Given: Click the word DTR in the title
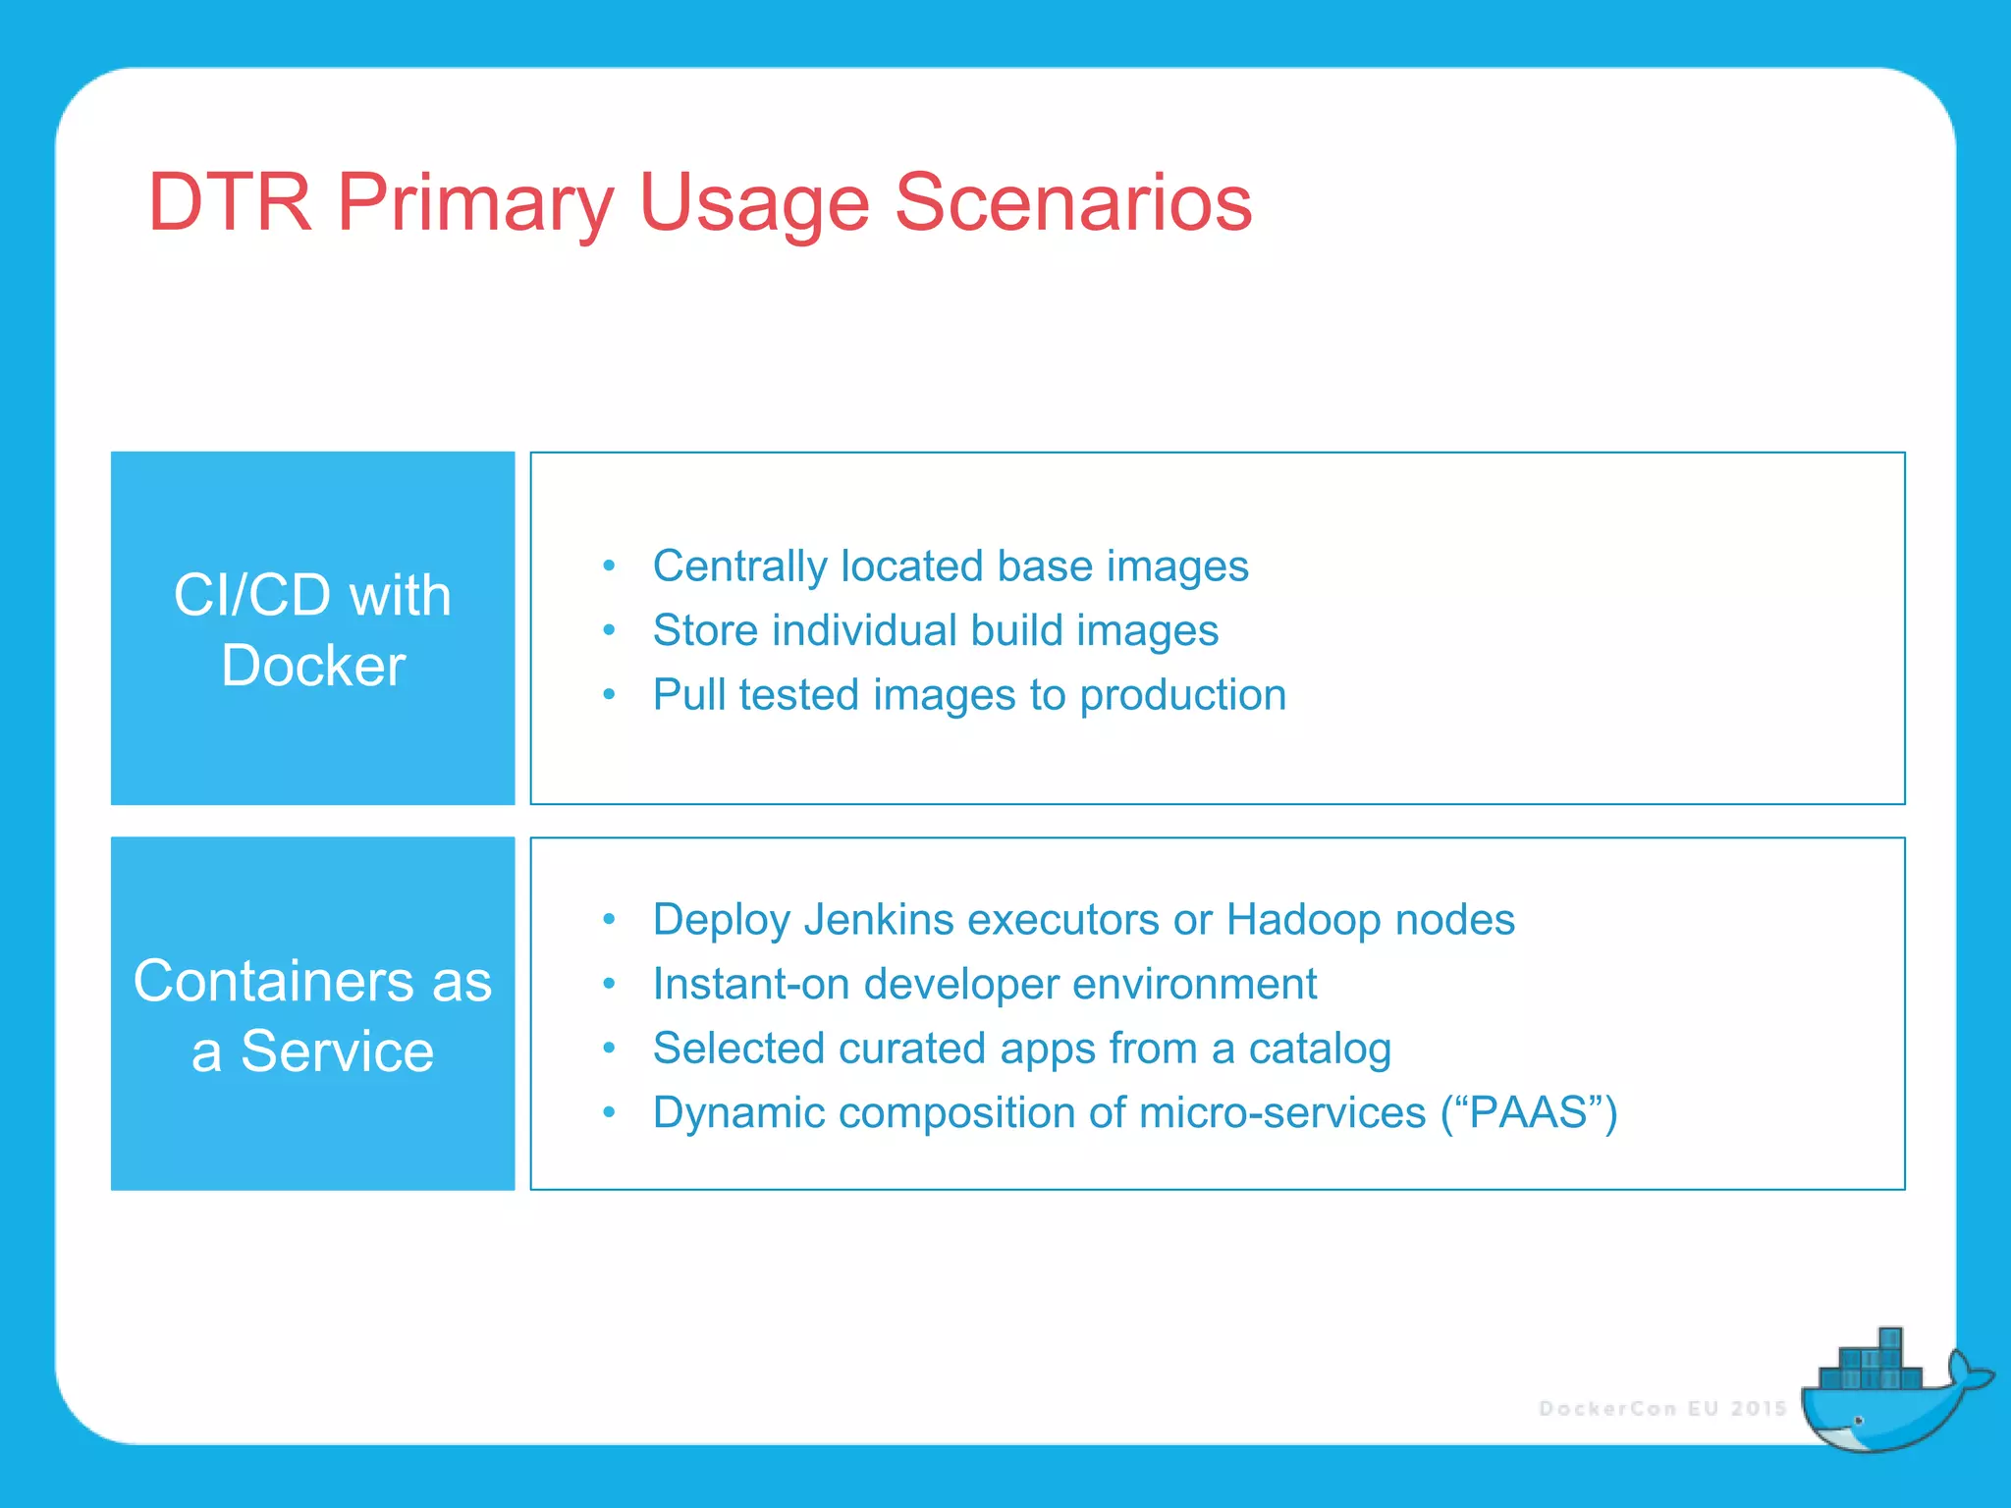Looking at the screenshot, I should click(229, 202).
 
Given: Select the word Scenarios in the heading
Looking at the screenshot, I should click(1072, 202).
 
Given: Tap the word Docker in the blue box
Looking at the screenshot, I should click(313, 666).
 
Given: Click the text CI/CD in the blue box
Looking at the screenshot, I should click(252, 595).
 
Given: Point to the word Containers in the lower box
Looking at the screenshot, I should click(273, 981).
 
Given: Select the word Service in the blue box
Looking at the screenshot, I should click(337, 1051).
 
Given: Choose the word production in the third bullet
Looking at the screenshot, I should click(1182, 695).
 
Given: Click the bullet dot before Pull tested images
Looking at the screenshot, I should click(609, 695).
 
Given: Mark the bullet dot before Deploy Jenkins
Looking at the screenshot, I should click(609, 920).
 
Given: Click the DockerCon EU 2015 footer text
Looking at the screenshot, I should click(1661, 1409).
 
